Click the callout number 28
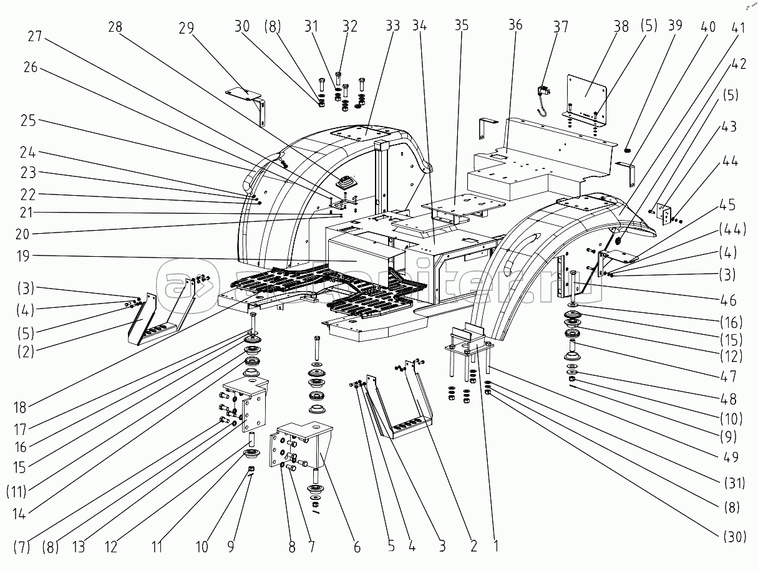pyautogui.click(x=115, y=27)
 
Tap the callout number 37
pyautogui.click(x=561, y=27)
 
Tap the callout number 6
pyautogui.click(x=356, y=547)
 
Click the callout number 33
pyautogui.click(x=392, y=27)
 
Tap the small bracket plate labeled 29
pyautogui.click(x=243, y=92)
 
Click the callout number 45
pyautogui.click(x=727, y=206)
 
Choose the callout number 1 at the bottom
pyautogui.click(x=496, y=547)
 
